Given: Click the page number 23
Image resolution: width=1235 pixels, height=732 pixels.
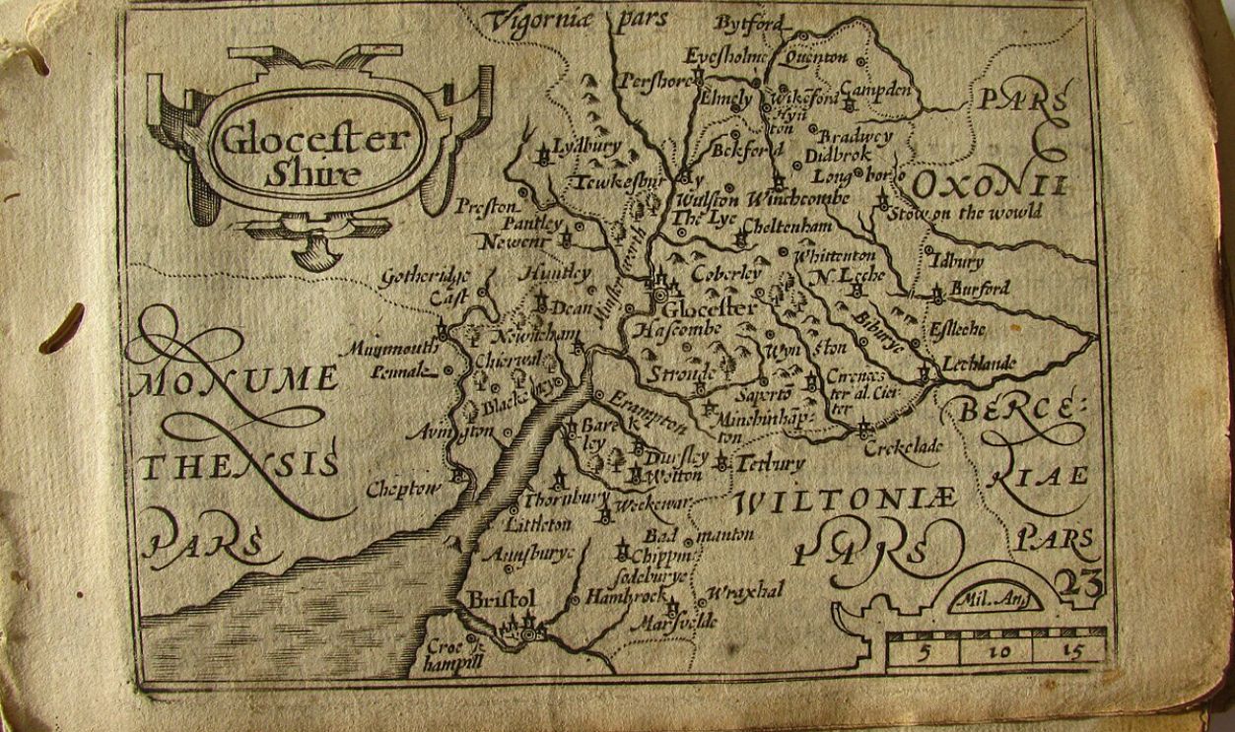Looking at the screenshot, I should pyautogui.click(x=1076, y=585).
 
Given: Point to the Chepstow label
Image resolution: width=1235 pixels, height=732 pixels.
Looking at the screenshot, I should pyautogui.click(x=400, y=489).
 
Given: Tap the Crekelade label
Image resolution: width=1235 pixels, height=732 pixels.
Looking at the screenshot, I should pyautogui.click(x=903, y=447).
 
